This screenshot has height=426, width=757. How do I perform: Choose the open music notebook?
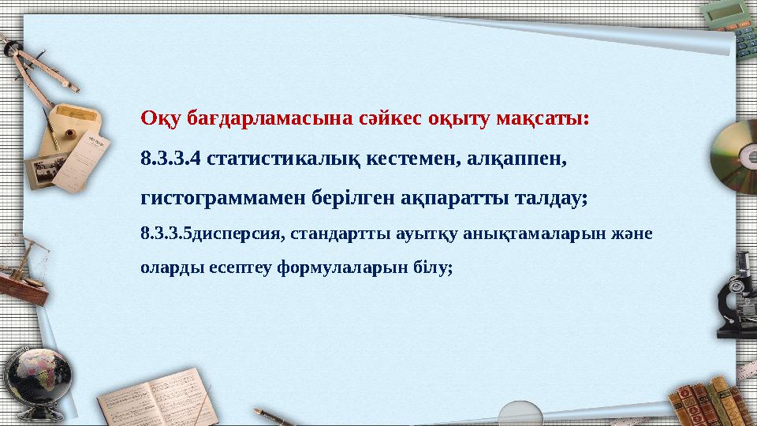[158, 402]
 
